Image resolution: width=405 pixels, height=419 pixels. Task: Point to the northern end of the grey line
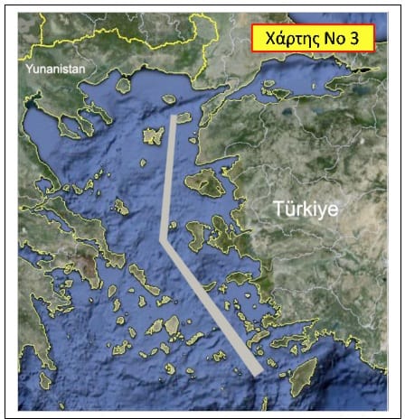173,116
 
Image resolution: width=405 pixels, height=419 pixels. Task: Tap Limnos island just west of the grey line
154,135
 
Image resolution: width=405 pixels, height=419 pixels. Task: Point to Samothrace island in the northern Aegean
167,98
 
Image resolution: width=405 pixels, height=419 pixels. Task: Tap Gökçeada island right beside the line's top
184,117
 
